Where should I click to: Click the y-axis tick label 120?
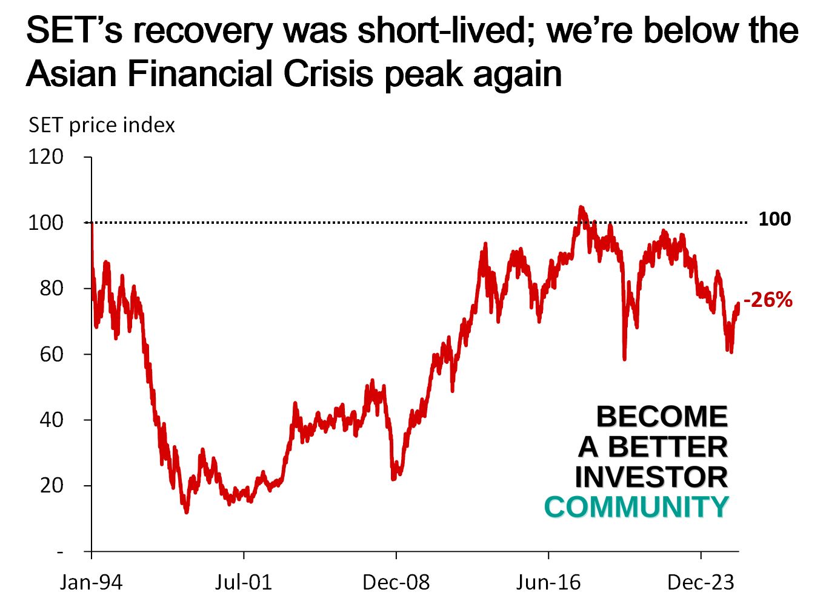pyautogui.click(x=45, y=157)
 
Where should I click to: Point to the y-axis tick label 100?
pyautogui.click(x=45, y=223)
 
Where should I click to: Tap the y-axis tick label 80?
pyautogui.click(x=52, y=288)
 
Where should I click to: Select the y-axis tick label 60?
pyautogui.click(x=52, y=354)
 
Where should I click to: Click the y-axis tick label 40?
pyautogui.click(x=52, y=420)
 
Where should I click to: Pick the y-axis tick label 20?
pyautogui.click(x=52, y=486)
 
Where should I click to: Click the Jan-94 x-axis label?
pyautogui.click(x=91, y=583)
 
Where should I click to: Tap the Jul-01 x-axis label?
pyautogui.click(x=244, y=583)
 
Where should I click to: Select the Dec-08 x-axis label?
pyautogui.click(x=396, y=583)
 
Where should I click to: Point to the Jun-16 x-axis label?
pyautogui.click(x=548, y=583)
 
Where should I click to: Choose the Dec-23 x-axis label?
pyautogui.click(x=701, y=583)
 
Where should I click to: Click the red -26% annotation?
pyautogui.click(x=768, y=300)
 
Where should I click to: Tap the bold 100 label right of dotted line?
pyautogui.click(x=774, y=219)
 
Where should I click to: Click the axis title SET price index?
pyautogui.click(x=102, y=126)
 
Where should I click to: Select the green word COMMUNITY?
pyautogui.click(x=636, y=507)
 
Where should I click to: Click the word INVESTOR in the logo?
pyautogui.click(x=651, y=477)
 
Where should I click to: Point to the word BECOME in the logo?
pyautogui.click(x=662, y=417)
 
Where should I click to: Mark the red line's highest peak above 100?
pyautogui.click(x=581, y=207)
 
